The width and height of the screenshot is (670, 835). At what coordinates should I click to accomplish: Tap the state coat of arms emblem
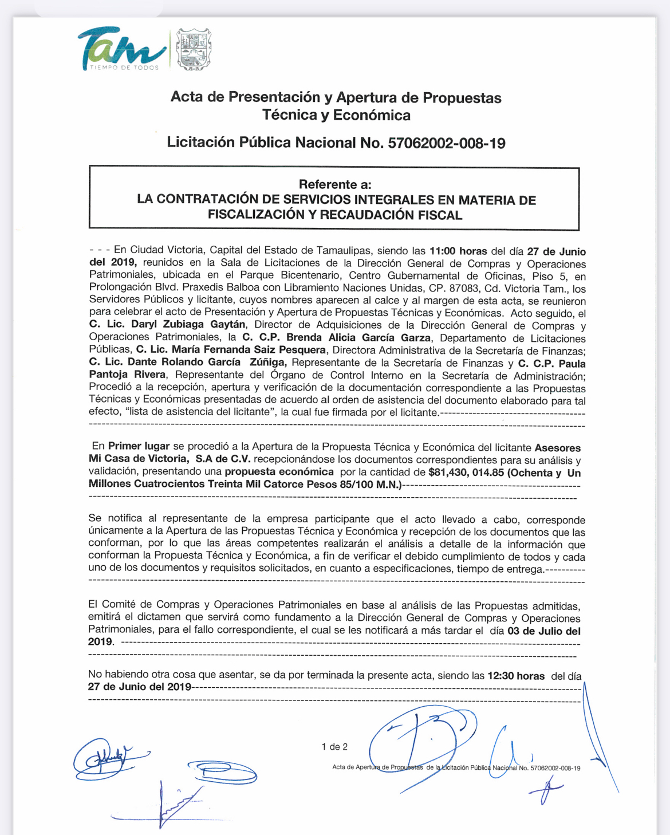tap(194, 49)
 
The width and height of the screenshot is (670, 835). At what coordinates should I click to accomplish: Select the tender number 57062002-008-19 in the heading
tap(447, 143)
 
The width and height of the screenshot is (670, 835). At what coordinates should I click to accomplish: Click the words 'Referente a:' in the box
tap(335, 184)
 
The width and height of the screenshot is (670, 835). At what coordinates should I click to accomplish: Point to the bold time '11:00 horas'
tap(458, 251)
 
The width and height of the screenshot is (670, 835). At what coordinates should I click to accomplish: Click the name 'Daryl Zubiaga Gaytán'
tap(188, 325)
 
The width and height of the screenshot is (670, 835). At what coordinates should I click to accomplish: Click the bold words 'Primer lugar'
tap(139, 446)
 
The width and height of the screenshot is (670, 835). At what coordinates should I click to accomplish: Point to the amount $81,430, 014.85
tap(466, 473)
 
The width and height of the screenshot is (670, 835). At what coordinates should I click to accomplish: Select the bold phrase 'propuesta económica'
tap(279, 472)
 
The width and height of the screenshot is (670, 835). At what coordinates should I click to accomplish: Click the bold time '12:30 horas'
tap(516, 676)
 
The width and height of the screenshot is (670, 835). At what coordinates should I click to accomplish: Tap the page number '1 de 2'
tap(334, 747)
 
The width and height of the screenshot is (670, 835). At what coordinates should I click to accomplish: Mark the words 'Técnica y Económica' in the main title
tap(336, 115)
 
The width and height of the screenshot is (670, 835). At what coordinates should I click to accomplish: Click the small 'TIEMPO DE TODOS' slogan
tap(124, 68)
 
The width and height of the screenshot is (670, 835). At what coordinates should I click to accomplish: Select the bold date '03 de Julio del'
tap(544, 631)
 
